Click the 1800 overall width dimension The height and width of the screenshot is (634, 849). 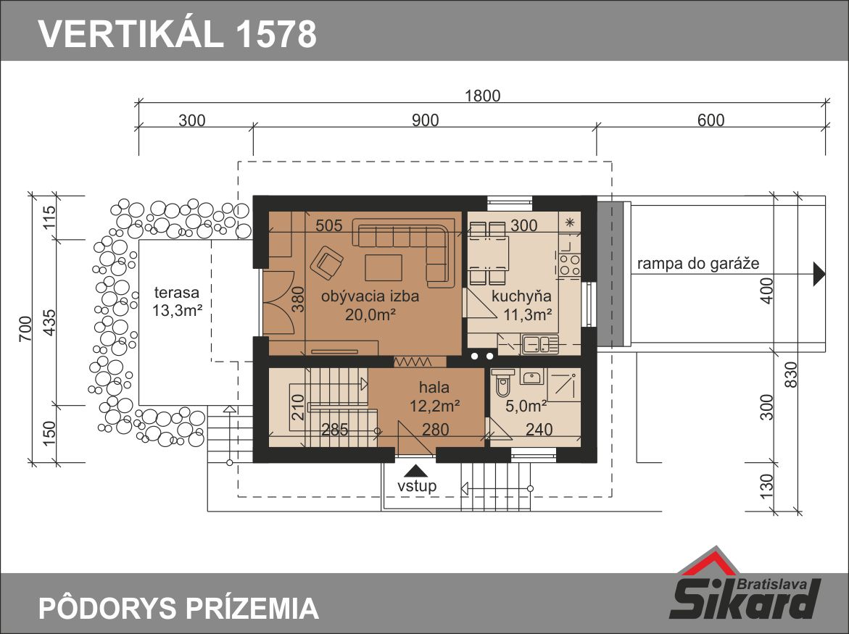(482, 96)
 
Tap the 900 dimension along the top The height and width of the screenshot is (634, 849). (425, 120)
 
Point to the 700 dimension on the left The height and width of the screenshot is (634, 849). (25, 328)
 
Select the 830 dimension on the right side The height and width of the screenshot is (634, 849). (790, 375)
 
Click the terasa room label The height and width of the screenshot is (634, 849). (176, 293)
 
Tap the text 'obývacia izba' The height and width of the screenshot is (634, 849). (370, 296)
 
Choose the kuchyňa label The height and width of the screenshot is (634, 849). (521, 296)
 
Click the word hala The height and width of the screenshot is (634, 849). (434, 388)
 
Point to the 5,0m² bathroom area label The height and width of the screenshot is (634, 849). (526, 406)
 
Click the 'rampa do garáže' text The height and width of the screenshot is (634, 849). (698, 264)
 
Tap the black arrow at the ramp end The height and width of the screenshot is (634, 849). (819, 275)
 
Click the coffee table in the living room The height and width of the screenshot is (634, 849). (384, 267)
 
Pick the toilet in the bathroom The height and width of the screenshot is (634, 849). (503, 383)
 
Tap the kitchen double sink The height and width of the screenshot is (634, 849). (540, 344)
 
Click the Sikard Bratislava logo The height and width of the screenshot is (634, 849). (746, 585)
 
